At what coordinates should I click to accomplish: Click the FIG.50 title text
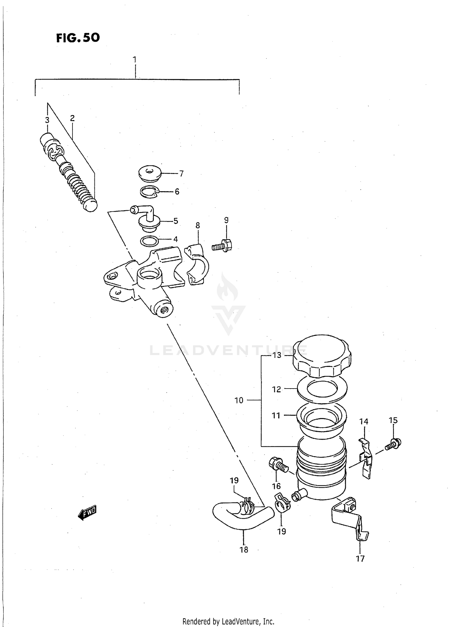tap(78, 38)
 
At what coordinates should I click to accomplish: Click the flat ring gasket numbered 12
tap(322, 389)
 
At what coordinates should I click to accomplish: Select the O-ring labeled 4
tap(149, 241)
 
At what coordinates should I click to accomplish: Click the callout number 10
tap(239, 400)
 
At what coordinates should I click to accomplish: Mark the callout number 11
tap(276, 415)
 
